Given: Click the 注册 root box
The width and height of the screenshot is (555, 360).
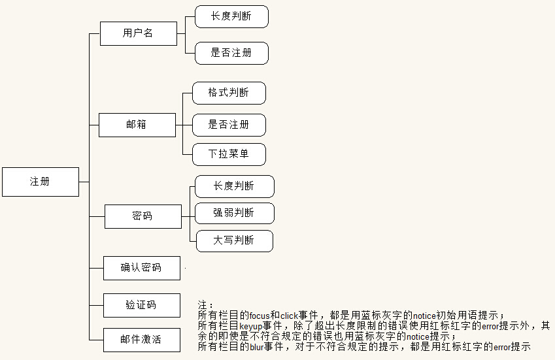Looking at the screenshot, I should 40,182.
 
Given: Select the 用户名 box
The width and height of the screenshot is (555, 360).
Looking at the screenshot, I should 138,33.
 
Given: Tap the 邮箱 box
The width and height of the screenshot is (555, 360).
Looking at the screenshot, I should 137,125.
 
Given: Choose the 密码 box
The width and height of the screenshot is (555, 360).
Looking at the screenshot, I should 143,216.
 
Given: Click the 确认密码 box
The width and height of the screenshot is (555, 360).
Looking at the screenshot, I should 141,268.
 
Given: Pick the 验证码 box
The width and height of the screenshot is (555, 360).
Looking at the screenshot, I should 141,305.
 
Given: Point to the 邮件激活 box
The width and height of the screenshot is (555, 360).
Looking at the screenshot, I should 141,340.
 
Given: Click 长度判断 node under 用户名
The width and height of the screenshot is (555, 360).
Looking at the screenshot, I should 231,17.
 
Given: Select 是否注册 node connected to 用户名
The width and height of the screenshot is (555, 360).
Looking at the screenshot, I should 231,53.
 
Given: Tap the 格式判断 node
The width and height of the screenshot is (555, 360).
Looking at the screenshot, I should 229,93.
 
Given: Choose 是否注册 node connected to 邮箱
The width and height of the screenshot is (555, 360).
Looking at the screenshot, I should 229,124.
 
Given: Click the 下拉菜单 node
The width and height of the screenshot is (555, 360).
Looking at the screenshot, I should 229,154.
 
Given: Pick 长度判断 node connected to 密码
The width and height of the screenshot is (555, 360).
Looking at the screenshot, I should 234,186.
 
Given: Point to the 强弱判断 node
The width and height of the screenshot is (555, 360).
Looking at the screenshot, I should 234,213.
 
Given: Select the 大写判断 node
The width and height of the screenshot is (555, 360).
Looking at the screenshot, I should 234,240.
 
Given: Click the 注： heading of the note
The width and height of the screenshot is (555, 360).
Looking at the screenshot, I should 205,305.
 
